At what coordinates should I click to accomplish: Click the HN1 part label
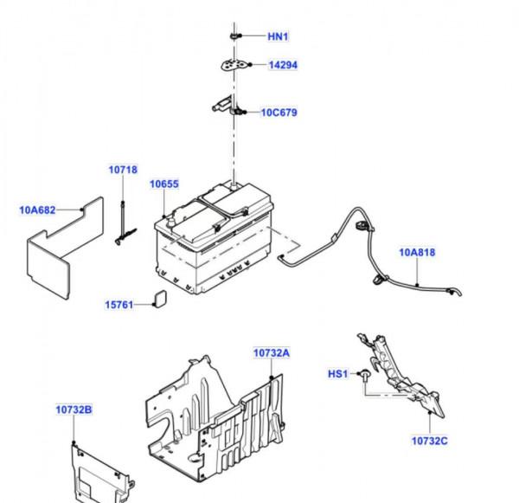tap(278, 36)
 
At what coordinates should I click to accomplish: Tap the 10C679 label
tap(280, 113)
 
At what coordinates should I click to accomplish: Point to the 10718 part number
tap(123, 170)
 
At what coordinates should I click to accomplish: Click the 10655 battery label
tap(163, 184)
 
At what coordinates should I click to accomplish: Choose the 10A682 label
tap(37, 209)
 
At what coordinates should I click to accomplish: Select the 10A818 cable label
tap(418, 253)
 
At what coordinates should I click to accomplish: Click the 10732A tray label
tap(272, 353)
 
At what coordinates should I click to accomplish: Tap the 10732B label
tap(74, 409)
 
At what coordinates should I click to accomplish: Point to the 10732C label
tap(429, 440)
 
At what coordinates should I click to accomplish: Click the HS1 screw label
tap(336, 374)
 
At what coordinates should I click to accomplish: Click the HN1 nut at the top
tap(234, 35)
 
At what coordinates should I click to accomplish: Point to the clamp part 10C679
tap(227, 108)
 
